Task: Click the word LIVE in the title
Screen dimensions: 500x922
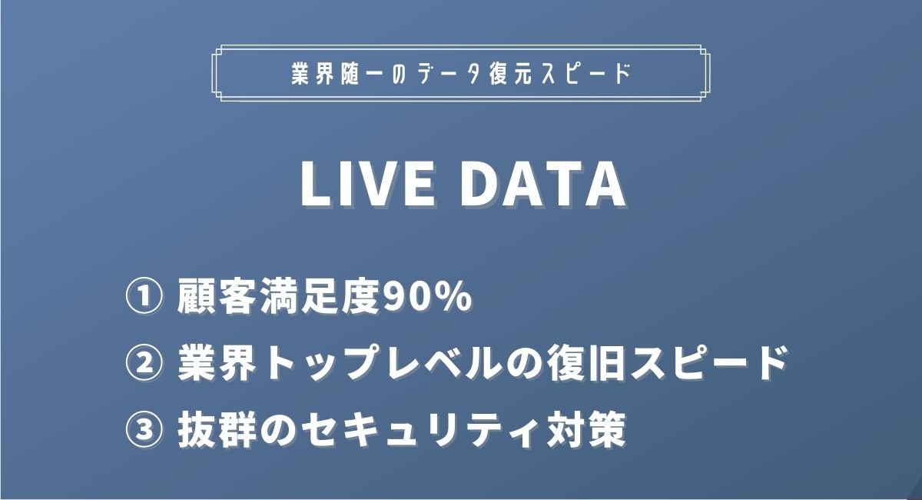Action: coord(356,185)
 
